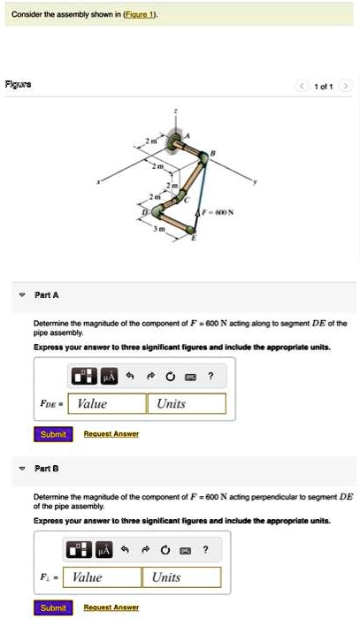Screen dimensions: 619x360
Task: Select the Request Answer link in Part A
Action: coord(111,434)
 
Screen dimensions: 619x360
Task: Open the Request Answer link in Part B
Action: coord(111,608)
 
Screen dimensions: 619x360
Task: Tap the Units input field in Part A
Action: coord(187,403)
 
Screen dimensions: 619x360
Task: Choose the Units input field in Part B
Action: coord(180,577)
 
